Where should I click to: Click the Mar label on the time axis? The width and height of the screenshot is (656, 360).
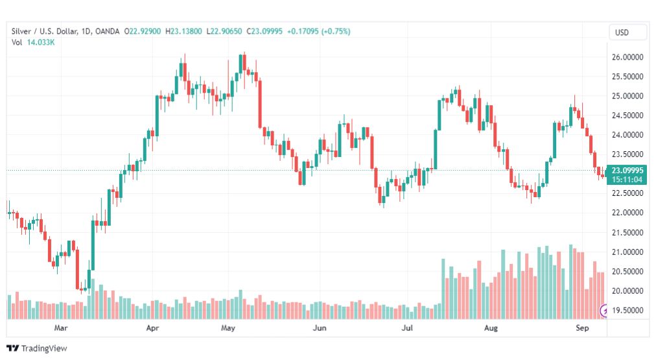pos(62,328)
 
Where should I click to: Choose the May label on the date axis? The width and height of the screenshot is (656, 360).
pos(228,328)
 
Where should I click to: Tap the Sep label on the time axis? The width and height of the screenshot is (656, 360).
pos(581,328)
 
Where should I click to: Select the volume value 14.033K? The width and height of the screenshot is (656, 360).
pos(40,43)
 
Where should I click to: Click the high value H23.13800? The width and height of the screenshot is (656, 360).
pos(183,31)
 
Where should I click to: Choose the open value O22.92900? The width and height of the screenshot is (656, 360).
pos(144,31)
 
